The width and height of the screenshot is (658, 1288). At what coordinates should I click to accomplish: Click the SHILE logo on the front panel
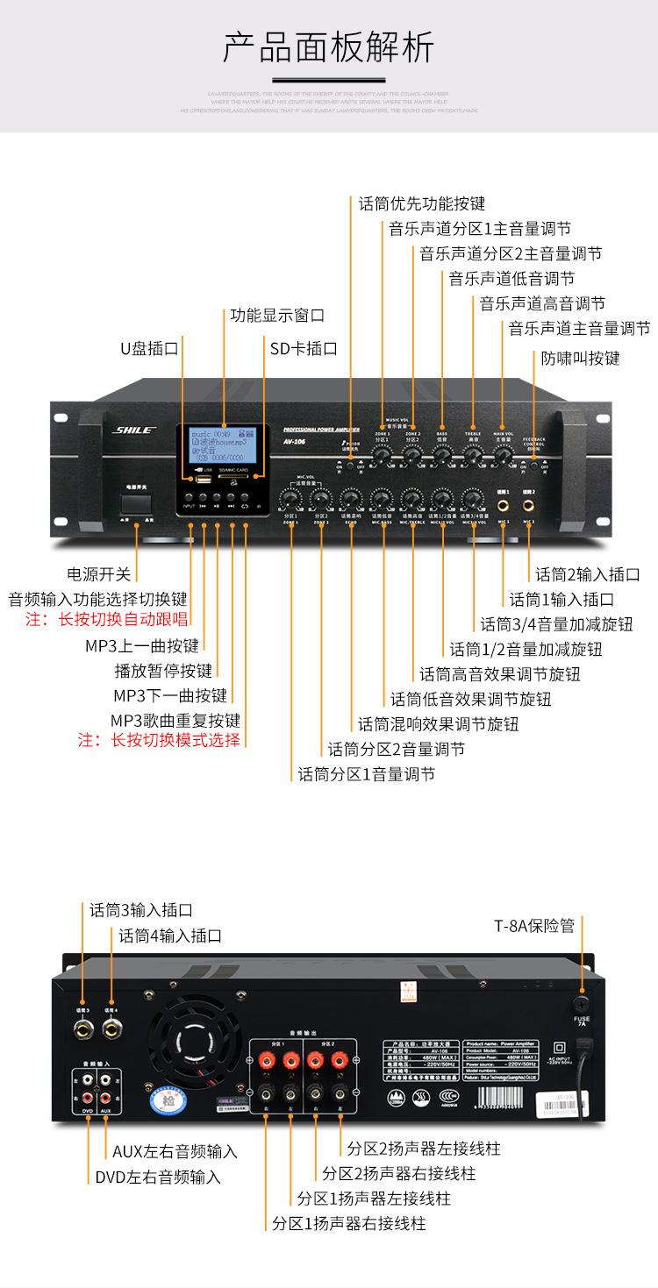point(133,431)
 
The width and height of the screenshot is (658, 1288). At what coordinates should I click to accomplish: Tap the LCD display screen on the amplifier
point(222,446)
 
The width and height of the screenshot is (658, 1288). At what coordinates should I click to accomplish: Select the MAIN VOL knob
point(503,454)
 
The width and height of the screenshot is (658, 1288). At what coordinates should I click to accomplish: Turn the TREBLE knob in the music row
point(473,454)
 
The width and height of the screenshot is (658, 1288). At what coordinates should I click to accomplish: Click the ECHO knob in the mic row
point(350,498)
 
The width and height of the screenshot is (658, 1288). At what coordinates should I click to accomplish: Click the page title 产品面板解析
point(328,47)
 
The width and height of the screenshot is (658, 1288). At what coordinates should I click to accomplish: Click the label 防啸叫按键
point(580,358)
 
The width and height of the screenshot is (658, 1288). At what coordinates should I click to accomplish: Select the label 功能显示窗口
point(277,315)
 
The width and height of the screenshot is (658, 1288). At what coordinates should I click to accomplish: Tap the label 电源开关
point(99,574)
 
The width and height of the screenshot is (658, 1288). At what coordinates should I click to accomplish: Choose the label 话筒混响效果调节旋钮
point(438,724)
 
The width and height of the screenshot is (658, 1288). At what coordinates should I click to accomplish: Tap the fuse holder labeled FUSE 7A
point(581,1003)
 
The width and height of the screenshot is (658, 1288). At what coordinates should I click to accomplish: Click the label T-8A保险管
point(534,925)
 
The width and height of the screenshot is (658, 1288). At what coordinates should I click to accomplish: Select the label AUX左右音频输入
point(175,1151)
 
